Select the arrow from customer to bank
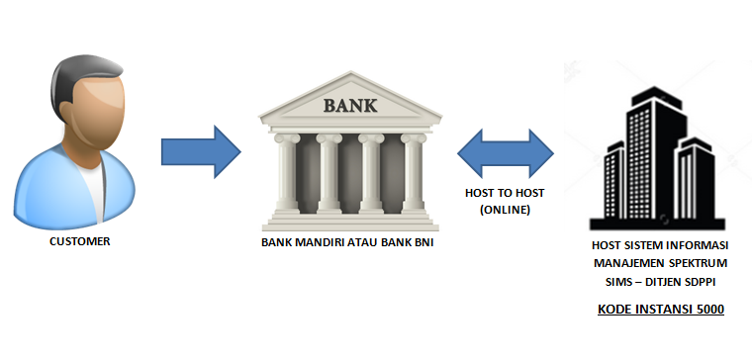point(201,150)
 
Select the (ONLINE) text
point(506,210)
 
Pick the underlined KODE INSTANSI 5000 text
point(661,310)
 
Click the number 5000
point(706,310)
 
